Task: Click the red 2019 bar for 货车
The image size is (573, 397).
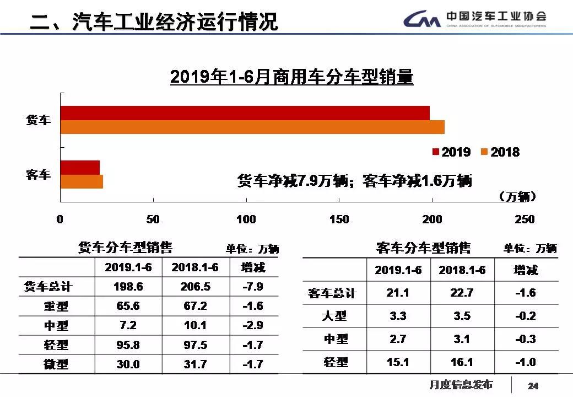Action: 245,113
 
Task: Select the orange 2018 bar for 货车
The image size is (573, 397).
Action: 252,127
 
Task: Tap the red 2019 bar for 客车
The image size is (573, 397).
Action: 80,167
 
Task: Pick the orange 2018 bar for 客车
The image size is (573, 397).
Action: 82,181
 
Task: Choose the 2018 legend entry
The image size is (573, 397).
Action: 500,152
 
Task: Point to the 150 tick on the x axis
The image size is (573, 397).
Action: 339,219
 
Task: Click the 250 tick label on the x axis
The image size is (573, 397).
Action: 524,219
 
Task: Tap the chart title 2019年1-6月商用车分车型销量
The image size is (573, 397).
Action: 291,77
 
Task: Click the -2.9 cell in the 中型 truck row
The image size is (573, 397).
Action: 253,325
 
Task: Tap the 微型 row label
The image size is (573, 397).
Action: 56,364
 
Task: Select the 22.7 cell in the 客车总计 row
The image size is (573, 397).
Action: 461,293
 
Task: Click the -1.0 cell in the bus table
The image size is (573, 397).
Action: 525,362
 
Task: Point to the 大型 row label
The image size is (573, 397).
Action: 334,316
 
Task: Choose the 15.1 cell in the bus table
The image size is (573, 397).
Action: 398,362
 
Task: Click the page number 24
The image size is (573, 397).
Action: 533,385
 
